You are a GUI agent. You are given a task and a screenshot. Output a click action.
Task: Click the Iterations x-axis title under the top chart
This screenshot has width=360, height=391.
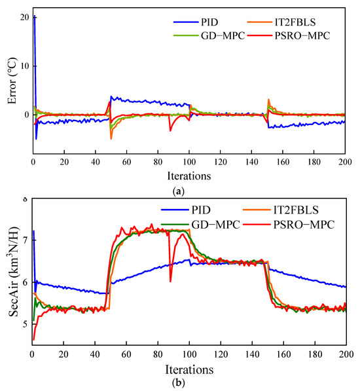click(x=189, y=176)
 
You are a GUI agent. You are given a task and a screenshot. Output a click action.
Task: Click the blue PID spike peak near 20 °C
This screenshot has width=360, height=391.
click(x=34, y=16)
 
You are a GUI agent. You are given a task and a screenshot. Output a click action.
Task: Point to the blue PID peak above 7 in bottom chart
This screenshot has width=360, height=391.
click(x=33, y=231)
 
